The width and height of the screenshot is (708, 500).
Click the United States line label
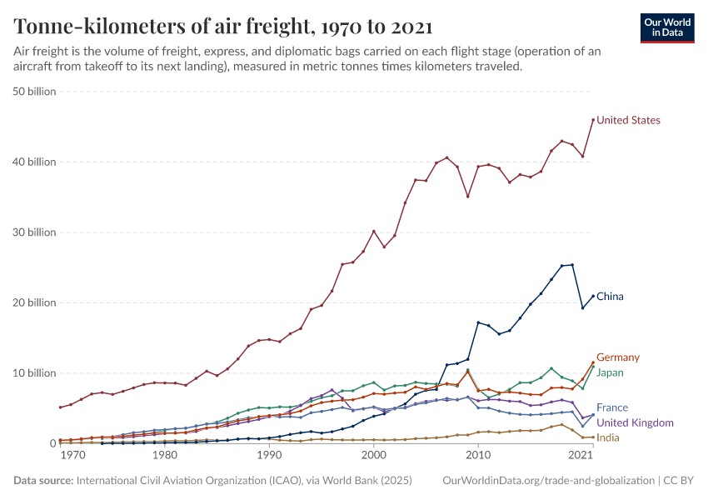tap(628, 120)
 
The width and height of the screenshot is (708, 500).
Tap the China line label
tap(610, 297)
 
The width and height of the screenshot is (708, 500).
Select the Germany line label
tap(618, 357)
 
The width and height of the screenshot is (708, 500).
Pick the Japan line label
tap(611, 372)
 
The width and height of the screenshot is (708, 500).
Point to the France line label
tap(612, 408)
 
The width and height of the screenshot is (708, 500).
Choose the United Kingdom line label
tap(635, 423)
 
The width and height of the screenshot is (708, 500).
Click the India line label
tap(608, 437)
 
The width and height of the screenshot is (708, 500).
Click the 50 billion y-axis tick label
tap(34, 92)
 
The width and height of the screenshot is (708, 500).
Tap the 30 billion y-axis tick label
tap(34, 232)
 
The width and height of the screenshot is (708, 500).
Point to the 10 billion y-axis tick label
tap(34, 372)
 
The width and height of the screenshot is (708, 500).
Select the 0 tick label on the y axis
tap(52, 443)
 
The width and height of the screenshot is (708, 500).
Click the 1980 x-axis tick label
tap(165, 457)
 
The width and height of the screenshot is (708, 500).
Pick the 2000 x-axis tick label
tap(374, 457)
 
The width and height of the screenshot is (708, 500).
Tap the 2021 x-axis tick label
tap(580, 457)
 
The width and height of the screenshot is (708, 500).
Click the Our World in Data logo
tap(666, 27)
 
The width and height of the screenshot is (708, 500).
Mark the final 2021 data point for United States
tap(593, 120)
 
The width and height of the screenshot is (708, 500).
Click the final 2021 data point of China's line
tap(593, 296)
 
